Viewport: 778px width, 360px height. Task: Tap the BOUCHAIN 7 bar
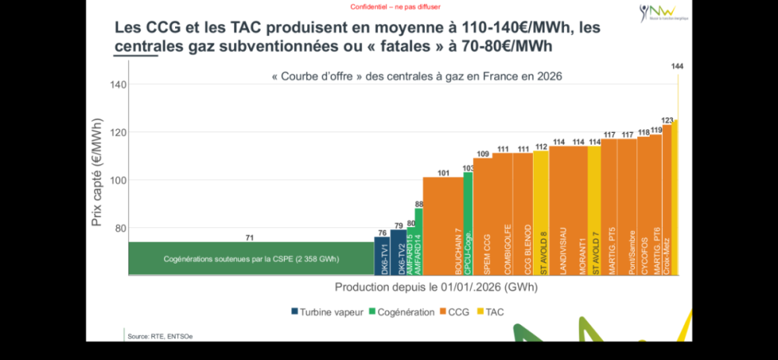coord(443,226)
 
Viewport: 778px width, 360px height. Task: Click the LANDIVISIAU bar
coord(568,211)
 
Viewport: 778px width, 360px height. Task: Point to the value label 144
coord(677,67)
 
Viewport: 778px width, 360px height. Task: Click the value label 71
coord(251,237)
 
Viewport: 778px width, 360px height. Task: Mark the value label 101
coord(443,173)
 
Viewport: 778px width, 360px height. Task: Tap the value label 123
coord(667,120)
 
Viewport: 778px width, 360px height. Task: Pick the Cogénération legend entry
coord(401,312)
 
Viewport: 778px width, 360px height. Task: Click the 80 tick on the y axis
coord(119,229)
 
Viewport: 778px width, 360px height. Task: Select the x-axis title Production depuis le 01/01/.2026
coord(436,287)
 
